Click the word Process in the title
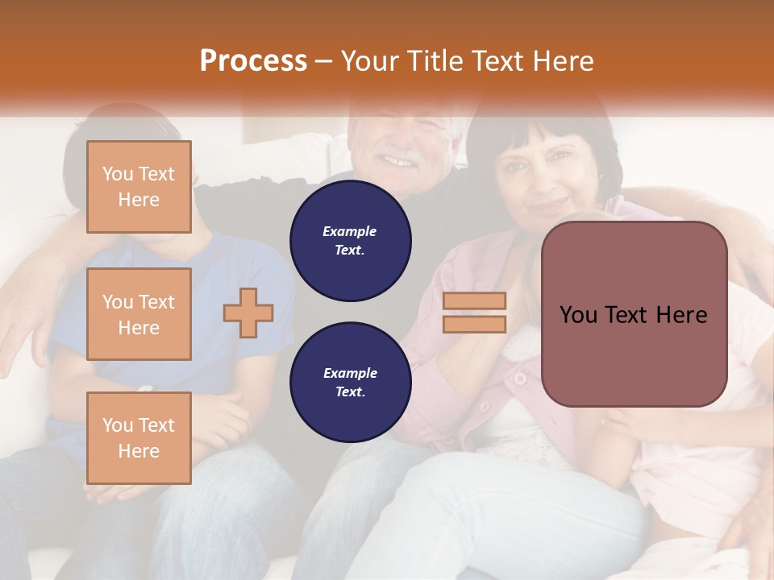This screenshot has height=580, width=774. pos(253,61)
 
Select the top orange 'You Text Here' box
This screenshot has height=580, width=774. pos(139,187)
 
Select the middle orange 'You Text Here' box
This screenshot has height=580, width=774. pos(139,314)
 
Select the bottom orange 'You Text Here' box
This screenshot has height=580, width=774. pos(139,437)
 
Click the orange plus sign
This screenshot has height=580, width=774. pos(248,313)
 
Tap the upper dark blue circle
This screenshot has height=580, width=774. pos(350,241)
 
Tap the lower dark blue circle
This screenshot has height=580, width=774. pos(350,383)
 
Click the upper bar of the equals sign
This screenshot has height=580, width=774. pos(475,300)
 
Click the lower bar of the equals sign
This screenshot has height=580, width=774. pos(475,324)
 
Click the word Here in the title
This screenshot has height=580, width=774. pos(564,61)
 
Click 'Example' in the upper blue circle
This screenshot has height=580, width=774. pos(350,231)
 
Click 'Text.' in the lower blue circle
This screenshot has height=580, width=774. pos(350,392)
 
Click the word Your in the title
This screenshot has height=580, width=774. pos(369,61)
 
